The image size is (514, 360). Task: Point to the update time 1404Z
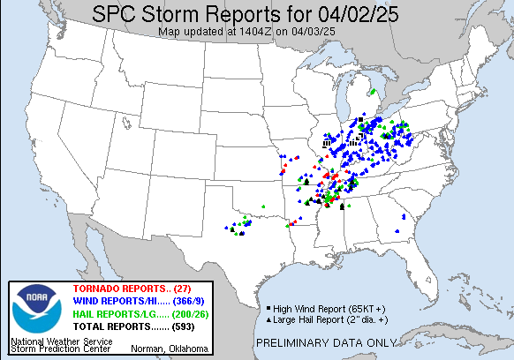tap(261, 32)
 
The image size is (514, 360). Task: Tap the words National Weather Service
tap(59, 340)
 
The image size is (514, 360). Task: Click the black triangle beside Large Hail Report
tap(268, 319)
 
